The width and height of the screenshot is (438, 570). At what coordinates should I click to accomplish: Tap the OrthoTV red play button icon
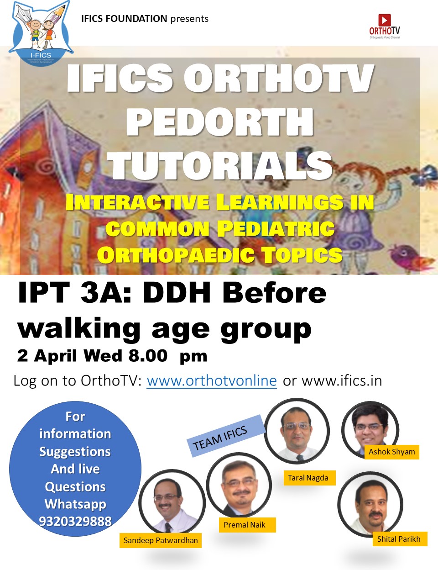pyautogui.click(x=385, y=20)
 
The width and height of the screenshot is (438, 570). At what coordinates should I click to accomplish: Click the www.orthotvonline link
pyautogui.click(x=212, y=380)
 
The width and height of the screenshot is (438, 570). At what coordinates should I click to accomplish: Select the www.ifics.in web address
pyautogui.click(x=342, y=380)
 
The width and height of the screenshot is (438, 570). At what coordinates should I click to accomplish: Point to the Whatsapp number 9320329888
pyautogui.click(x=75, y=521)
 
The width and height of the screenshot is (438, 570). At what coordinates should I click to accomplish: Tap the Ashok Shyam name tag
pyautogui.click(x=391, y=452)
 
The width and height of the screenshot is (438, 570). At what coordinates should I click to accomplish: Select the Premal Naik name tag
pyautogui.click(x=247, y=525)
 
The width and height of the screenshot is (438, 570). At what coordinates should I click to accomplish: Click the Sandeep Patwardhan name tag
pyautogui.click(x=161, y=540)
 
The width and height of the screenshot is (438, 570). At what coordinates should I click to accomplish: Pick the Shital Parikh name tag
pyautogui.click(x=400, y=539)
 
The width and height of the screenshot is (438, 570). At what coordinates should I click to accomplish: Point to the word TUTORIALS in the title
pyautogui.click(x=220, y=165)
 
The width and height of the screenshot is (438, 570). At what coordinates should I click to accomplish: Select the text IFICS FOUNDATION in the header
pyautogui.click(x=124, y=19)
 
